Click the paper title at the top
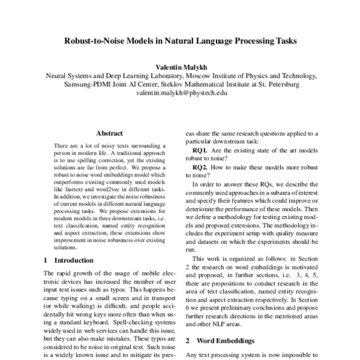(179, 43)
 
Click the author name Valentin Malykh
(181, 68)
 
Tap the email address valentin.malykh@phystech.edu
(181, 93)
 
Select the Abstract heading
(109, 133)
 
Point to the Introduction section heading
(74, 260)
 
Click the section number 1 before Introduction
(47, 260)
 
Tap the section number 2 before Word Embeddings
(188, 340)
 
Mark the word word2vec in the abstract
(125, 188)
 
